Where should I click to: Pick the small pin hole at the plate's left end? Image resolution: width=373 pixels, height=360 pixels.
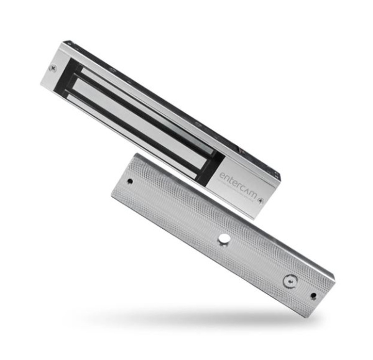click(129, 182)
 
